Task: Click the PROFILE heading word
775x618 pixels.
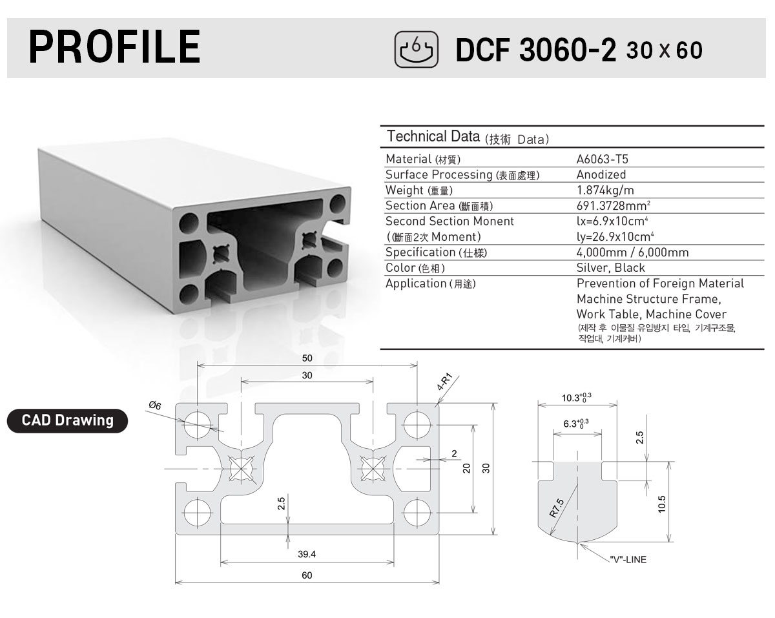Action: [114, 47]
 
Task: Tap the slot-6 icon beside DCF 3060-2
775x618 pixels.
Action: [417, 49]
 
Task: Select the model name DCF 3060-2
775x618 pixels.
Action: [536, 50]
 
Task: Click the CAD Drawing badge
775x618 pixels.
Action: [67, 420]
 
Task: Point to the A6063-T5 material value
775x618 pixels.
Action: [602, 159]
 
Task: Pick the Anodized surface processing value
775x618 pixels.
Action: [601, 174]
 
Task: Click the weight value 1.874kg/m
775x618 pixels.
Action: [605, 190]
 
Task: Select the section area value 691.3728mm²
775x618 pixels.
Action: [613, 205]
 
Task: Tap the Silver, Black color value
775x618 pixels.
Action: [610, 267]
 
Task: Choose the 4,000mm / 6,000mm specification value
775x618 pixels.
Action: [632, 252]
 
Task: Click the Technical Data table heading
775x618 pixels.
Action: [468, 137]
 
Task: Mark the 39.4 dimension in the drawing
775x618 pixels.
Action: [307, 554]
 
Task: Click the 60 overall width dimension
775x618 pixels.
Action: [307, 575]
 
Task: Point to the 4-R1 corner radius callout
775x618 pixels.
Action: [444, 382]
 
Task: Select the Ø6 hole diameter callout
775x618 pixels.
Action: [155, 405]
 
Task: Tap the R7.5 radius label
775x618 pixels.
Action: [557, 508]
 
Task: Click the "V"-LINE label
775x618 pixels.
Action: [628, 559]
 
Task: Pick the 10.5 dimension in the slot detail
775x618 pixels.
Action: [661, 504]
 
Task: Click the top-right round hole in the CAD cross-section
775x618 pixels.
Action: [417, 424]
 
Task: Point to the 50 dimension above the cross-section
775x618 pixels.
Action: [307, 358]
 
